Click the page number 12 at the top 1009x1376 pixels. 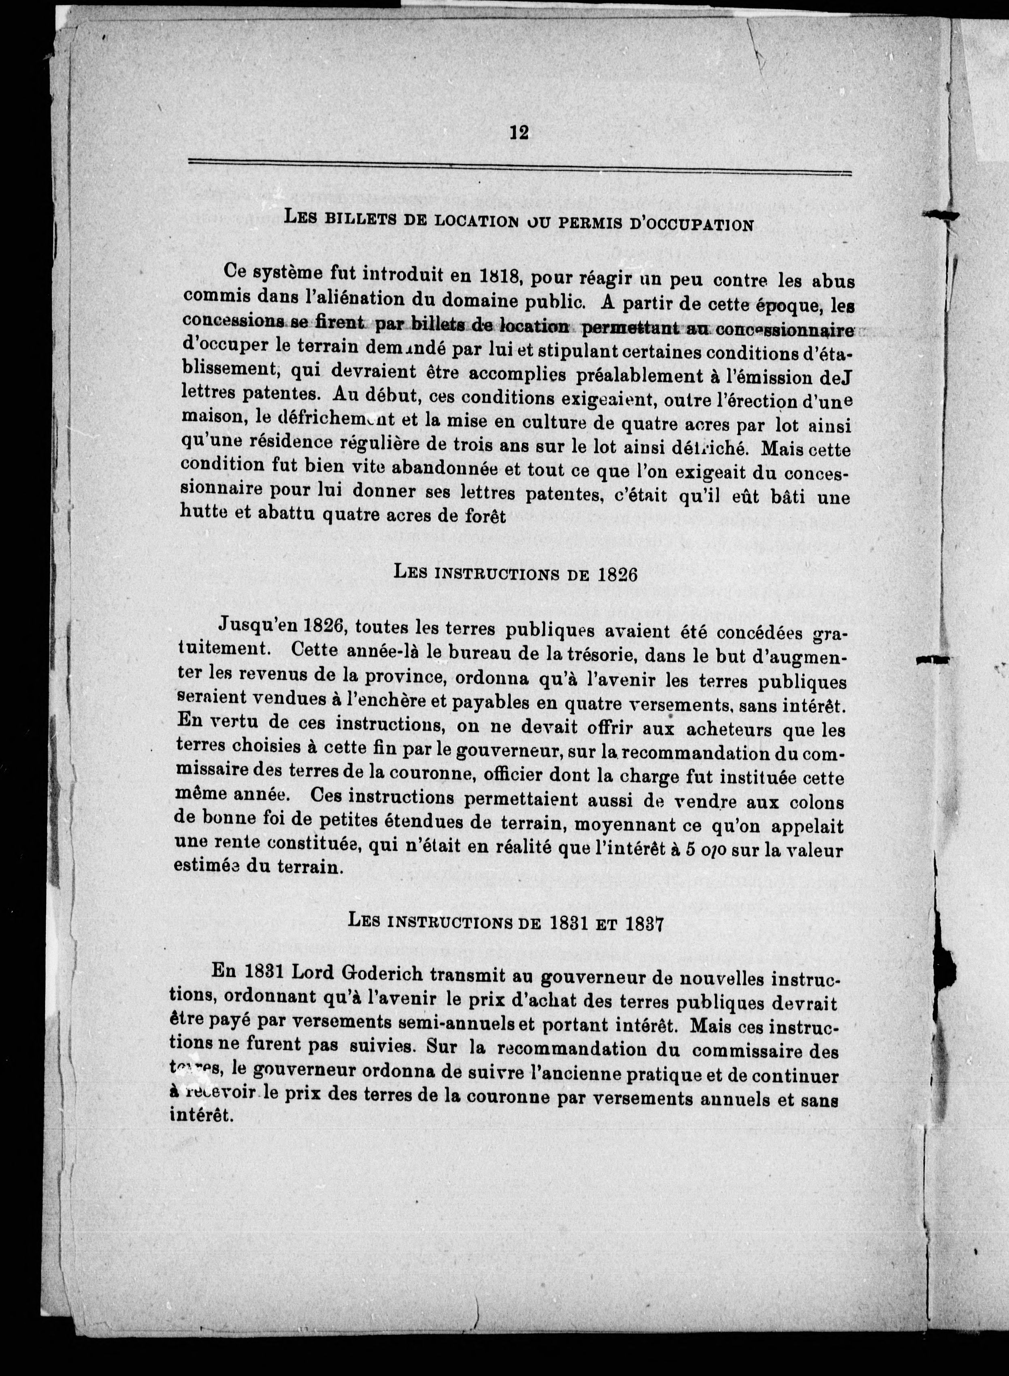point(519,132)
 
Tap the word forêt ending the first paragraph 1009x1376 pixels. point(485,517)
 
